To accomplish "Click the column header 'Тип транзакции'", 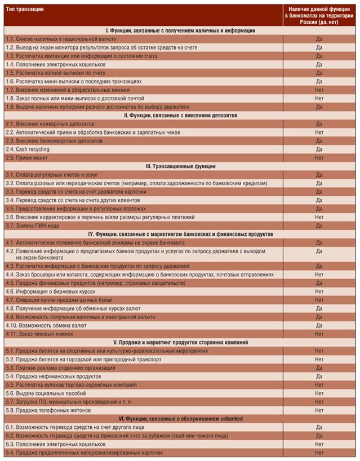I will pyautogui.click(x=25, y=10).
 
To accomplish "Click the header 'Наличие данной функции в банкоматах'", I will pyautogui.click(x=319, y=16).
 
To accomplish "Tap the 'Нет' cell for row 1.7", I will pyautogui.click(x=319, y=89).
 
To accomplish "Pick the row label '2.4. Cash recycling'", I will pyautogui.click(x=28, y=149).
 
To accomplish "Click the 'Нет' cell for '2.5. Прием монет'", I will pyautogui.click(x=319, y=158).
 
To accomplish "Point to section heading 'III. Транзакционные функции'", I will pyautogui.click(x=180, y=166).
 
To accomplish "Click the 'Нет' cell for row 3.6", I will pyautogui.click(x=319, y=217).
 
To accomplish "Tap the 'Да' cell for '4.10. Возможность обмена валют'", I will pyautogui.click(x=319, y=325).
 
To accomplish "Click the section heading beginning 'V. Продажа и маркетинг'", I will pyautogui.click(x=180, y=342).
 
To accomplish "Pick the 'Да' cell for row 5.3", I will pyautogui.click(x=319, y=368).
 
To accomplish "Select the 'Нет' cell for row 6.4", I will pyautogui.click(x=319, y=452).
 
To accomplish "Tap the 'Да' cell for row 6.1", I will pyautogui.click(x=319, y=427).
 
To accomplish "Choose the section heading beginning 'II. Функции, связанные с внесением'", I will pyautogui.click(x=180, y=115).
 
